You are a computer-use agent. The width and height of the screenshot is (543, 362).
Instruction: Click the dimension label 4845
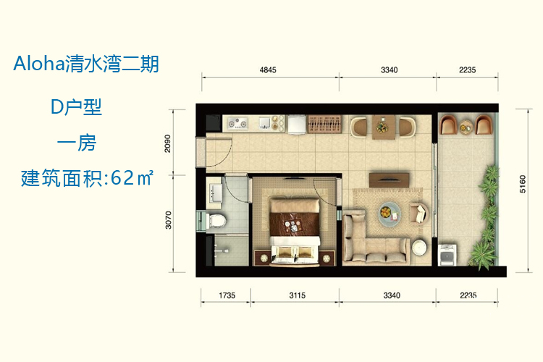click(268, 70)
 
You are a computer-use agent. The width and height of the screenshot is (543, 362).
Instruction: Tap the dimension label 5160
click(523, 184)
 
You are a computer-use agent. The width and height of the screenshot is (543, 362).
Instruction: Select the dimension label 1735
click(227, 295)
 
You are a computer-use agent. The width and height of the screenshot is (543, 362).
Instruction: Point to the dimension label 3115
click(298, 295)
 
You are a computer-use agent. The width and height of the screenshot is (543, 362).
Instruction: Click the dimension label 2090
click(168, 143)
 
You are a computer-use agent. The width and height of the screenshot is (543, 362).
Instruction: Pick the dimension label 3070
click(168, 220)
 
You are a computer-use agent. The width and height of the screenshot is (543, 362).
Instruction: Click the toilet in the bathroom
click(216, 220)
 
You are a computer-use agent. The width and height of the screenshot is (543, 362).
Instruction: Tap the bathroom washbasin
click(215, 193)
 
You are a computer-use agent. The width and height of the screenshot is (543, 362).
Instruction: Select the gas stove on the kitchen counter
click(238, 122)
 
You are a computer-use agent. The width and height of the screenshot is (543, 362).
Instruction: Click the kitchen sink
click(264, 122)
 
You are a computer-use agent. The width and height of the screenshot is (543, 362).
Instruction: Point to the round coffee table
click(390, 214)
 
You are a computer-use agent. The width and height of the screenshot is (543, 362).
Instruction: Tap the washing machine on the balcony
click(447, 255)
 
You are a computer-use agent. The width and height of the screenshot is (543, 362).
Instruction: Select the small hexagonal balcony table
click(466, 127)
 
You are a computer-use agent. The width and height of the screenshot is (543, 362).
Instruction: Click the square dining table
click(383, 127)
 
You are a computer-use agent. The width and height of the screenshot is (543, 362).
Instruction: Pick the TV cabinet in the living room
click(390, 180)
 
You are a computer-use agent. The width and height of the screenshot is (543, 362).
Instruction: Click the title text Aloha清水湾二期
click(86, 64)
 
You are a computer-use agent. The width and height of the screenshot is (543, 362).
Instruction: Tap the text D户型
click(76, 106)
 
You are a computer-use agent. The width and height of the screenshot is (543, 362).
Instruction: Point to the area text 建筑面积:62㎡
click(87, 178)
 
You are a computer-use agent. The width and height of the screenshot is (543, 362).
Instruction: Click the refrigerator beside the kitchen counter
click(296, 125)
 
